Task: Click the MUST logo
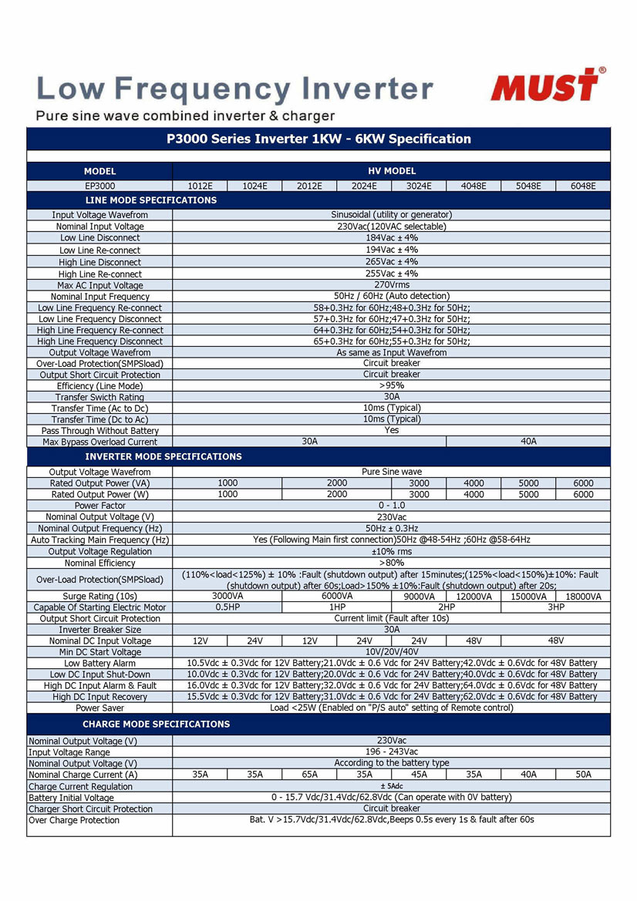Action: (547, 85)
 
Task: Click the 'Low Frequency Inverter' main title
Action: (234, 89)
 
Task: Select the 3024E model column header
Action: (419, 186)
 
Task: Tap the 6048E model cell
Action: (583, 186)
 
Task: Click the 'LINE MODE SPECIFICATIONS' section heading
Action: (151, 200)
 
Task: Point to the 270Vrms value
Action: (391, 285)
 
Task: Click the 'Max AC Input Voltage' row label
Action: (100, 285)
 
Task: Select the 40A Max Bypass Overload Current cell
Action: (528, 442)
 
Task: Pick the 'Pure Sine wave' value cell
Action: (391, 472)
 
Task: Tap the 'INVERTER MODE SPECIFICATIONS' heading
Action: (163, 456)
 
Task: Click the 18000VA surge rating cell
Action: (583, 597)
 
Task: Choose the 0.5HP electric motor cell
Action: (228, 607)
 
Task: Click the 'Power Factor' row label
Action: (100, 506)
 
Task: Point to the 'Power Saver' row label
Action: (100, 708)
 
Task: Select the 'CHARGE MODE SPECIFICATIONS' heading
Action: (157, 724)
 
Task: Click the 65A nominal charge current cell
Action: (309, 775)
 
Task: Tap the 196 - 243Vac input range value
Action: (391, 751)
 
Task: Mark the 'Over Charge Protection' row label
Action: (74, 820)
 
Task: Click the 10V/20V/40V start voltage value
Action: (391, 652)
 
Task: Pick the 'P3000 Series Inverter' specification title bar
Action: (318, 140)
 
